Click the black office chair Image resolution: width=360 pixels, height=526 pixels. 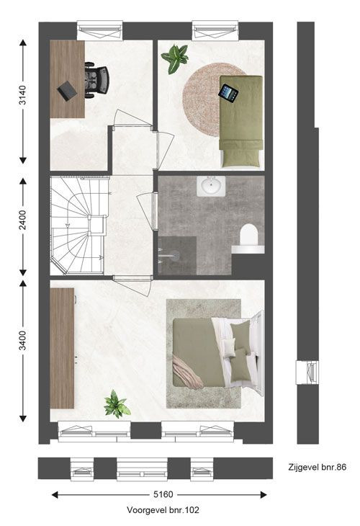tap(96, 80)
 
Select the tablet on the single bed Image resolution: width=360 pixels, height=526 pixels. tap(228, 92)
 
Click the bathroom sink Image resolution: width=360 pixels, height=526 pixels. tap(211, 186)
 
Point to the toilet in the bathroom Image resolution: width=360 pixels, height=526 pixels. tap(248, 234)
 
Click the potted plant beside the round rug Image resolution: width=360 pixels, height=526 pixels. tap(175, 58)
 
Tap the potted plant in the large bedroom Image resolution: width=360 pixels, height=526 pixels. tap(117, 404)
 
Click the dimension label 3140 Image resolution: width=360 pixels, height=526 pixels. tap(22, 95)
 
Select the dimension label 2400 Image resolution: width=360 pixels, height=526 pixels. tap(22, 220)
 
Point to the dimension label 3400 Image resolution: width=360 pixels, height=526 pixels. tap(22, 341)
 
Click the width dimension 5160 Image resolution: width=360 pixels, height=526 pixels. tap(163, 494)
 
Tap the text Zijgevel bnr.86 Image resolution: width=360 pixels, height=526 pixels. tap(317, 467)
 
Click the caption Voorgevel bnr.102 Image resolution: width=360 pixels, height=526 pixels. tap(163, 510)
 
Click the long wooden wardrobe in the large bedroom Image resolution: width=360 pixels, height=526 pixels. tap(62, 348)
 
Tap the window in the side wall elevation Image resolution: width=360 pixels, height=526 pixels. tap(307, 373)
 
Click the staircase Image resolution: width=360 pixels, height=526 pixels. tap(79, 226)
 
